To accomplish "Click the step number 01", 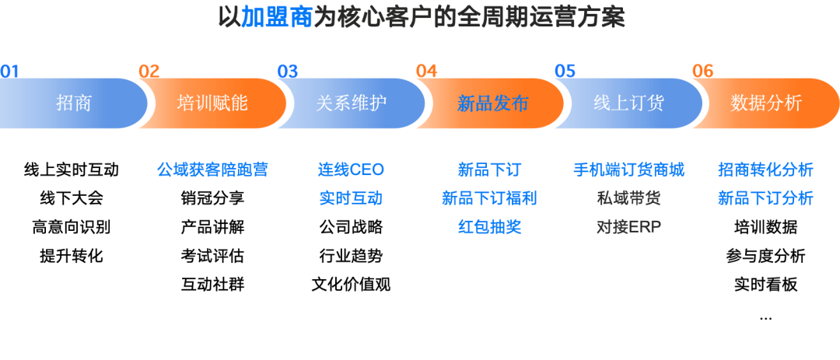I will tap(9, 72).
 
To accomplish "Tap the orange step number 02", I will tap(149, 72).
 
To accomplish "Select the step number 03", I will tap(288, 72).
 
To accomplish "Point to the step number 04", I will tap(426, 72).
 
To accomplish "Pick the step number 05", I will tap(565, 72).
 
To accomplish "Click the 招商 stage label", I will tap(74, 103).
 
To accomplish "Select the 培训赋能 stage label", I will tap(212, 103).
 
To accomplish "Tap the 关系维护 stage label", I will tap(351, 103).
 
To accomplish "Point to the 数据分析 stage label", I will tap(766, 103).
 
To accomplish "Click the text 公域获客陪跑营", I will tap(212, 170).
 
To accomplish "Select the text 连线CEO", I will tap(351, 170).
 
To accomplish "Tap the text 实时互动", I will tap(351, 198).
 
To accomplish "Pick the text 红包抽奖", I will tap(489, 227).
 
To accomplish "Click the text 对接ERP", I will tap(628, 227).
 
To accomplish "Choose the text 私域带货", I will tap(628, 198).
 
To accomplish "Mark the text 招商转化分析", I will tap(765, 170).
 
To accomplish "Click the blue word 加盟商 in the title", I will tap(276, 17).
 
